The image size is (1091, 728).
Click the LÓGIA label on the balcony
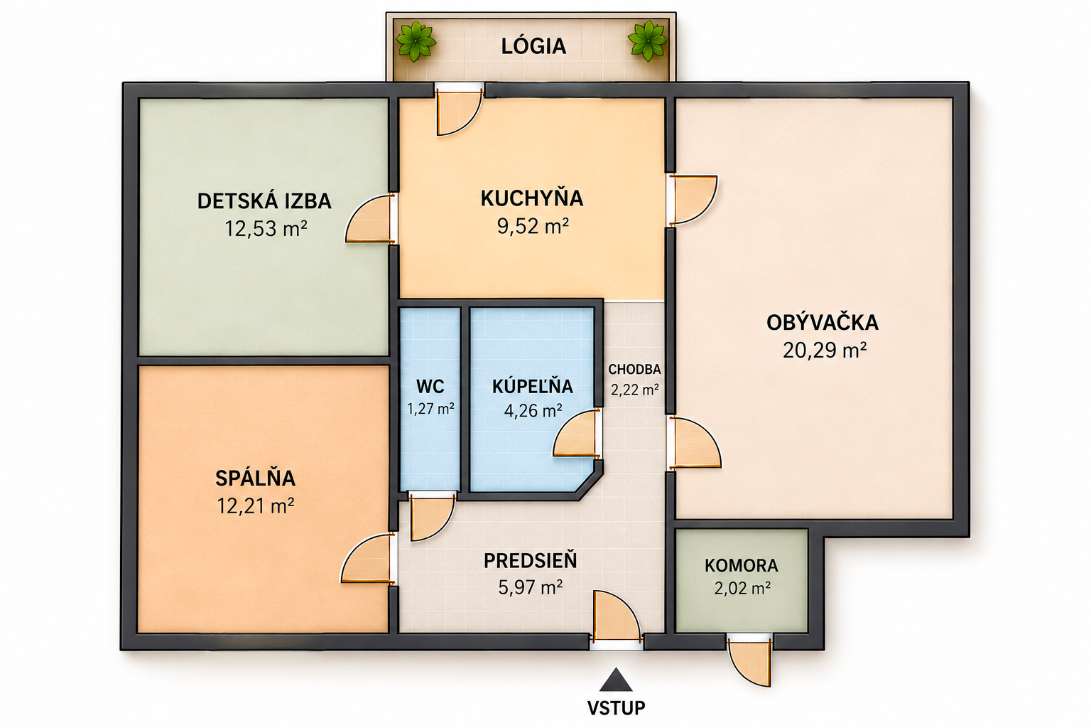point(533,45)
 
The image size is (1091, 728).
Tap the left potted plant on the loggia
point(416,41)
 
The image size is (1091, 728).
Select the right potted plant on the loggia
point(647,41)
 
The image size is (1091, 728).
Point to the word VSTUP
point(616,707)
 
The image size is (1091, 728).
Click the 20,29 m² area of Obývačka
point(824,350)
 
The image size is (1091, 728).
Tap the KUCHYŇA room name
point(532,198)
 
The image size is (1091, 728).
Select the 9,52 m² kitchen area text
point(533,226)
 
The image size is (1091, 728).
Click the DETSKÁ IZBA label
point(264,201)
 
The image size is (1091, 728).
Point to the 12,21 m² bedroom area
point(255,506)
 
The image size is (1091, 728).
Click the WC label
point(430,387)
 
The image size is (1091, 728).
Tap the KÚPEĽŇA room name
point(532,386)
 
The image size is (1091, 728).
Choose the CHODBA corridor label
point(634,370)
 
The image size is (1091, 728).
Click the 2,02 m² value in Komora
point(742,589)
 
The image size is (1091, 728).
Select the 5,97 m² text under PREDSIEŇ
point(531,587)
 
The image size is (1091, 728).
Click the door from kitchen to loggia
point(458,112)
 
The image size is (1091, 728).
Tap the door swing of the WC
point(432,516)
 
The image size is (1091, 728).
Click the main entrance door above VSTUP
point(616,616)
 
